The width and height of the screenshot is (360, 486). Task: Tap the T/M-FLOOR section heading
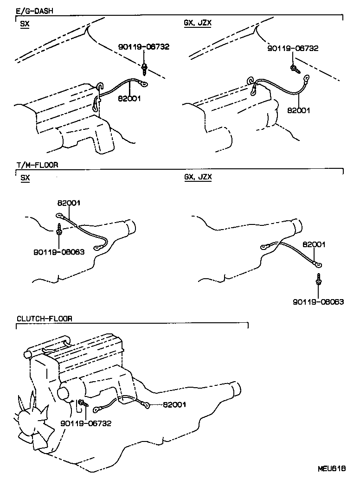[x=37, y=165]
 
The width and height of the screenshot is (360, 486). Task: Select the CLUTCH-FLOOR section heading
[x=45, y=319]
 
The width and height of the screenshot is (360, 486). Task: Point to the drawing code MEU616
[x=332, y=469]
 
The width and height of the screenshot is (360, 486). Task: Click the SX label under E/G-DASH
[x=25, y=25]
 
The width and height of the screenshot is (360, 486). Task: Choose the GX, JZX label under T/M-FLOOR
[x=198, y=177]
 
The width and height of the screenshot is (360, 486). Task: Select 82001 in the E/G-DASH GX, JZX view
[x=299, y=110]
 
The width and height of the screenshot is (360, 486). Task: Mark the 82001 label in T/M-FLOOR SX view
[x=69, y=203]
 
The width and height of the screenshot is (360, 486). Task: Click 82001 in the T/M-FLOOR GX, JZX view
[x=314, y=244]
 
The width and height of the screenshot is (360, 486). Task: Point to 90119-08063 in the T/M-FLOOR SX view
[x=59, y=252]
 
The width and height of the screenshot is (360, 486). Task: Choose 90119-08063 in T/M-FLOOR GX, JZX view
[x=318, y=301]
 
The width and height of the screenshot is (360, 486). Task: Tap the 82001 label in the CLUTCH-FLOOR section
[x=174, y=404]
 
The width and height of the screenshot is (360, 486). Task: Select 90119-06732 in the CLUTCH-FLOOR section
[x=86, y=423]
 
